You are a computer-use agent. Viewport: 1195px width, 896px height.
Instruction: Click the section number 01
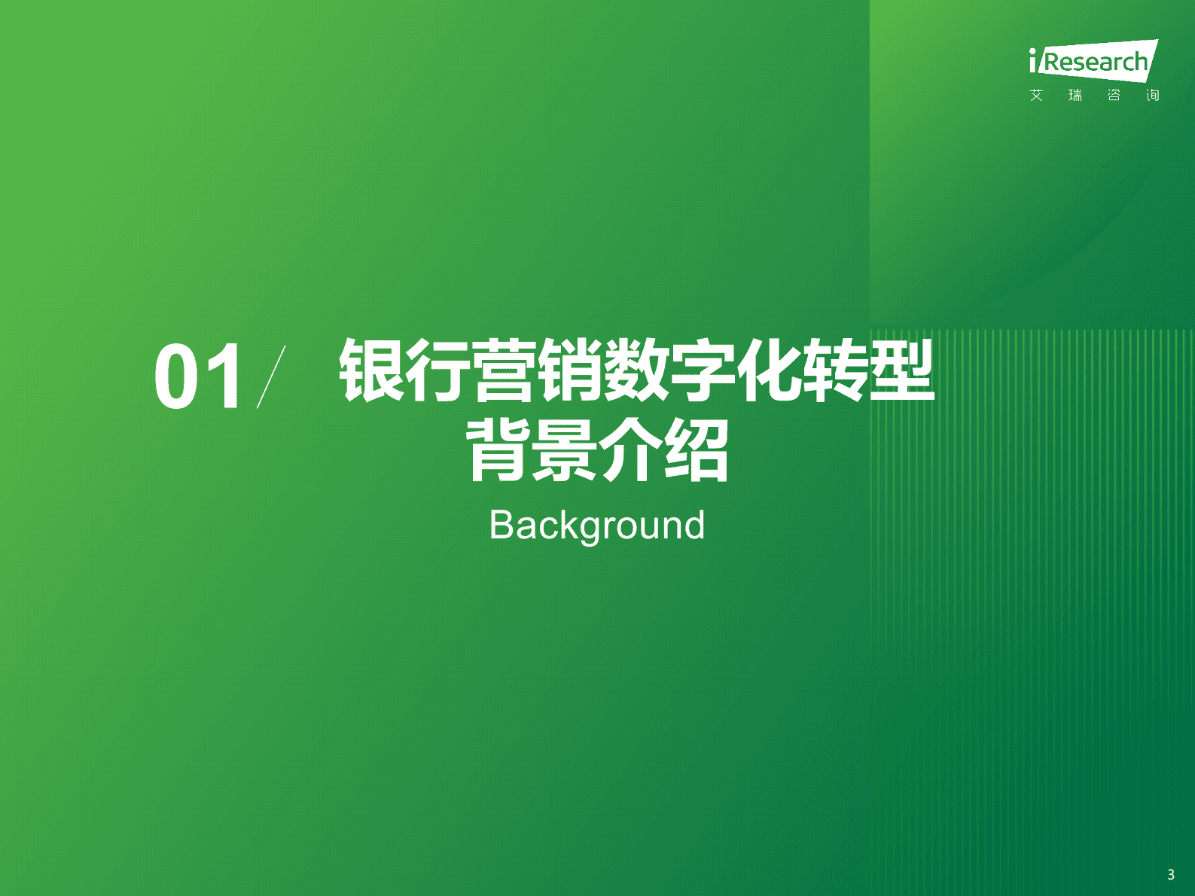(199, 376)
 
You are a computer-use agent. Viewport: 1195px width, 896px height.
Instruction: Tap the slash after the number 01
(271, 376)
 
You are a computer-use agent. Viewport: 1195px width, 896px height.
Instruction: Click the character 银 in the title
(371, 370)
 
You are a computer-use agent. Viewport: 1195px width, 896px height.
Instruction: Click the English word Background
(597, 526)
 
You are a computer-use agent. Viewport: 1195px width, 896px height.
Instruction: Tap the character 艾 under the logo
(1037, 95)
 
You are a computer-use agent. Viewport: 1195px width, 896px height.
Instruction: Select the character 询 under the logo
(1152, 95)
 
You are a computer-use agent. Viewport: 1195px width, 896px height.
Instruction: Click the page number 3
(1170, 874)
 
